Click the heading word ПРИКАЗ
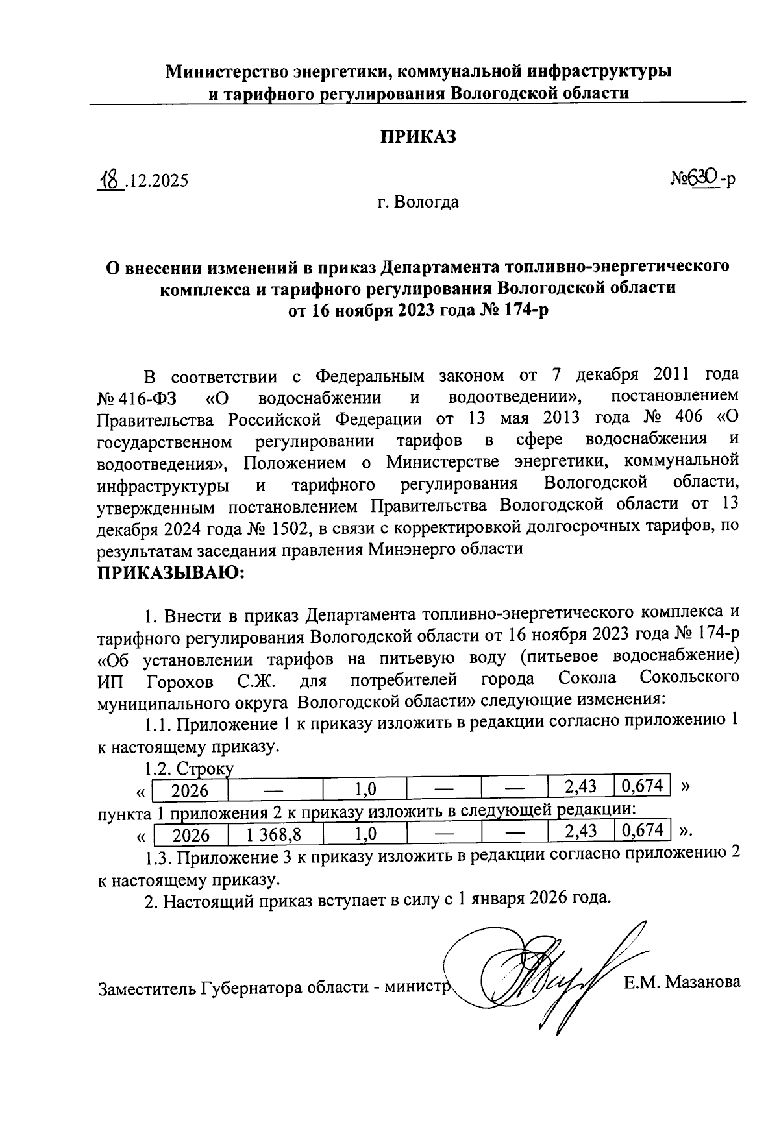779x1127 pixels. click(x=418, y=137)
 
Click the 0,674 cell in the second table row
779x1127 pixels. click(x=641, y=830)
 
